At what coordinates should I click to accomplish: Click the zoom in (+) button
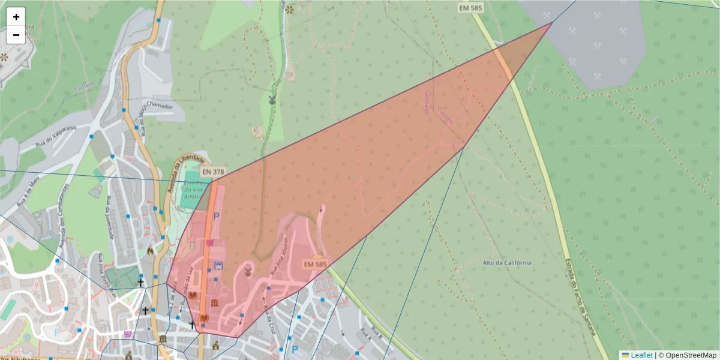coord(16,17)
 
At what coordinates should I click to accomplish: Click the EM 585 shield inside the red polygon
coord(315,264)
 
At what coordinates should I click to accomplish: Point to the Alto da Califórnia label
coord(507,263)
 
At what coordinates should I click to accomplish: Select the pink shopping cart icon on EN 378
coord(209,243)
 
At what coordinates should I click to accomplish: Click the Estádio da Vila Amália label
coord(194,190)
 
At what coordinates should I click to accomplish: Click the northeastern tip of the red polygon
coord(552,23)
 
